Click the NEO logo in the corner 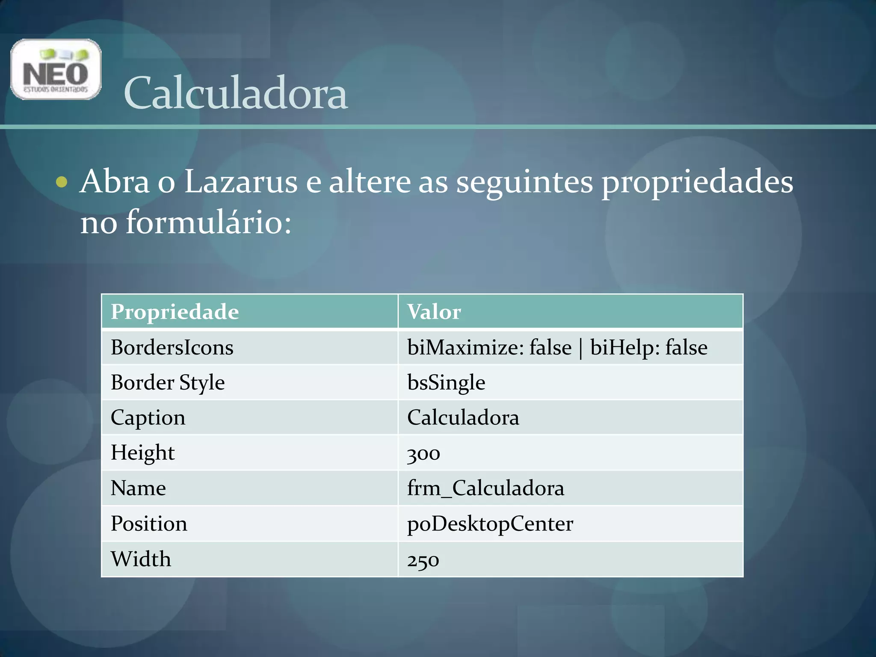coord(56,69)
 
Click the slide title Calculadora coord(235,93)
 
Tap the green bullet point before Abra coord(62,182)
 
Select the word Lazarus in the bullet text coord(241,182)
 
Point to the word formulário coord(208,222)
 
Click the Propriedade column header coord(175,311)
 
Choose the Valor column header coord(434,311)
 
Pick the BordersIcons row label coord(172,347)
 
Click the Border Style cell coord(168,382)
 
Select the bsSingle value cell coord(446,382)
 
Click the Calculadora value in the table coord(463,417)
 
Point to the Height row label coord(142,453)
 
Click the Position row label coord(149,524)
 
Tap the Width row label coord(141,559)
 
